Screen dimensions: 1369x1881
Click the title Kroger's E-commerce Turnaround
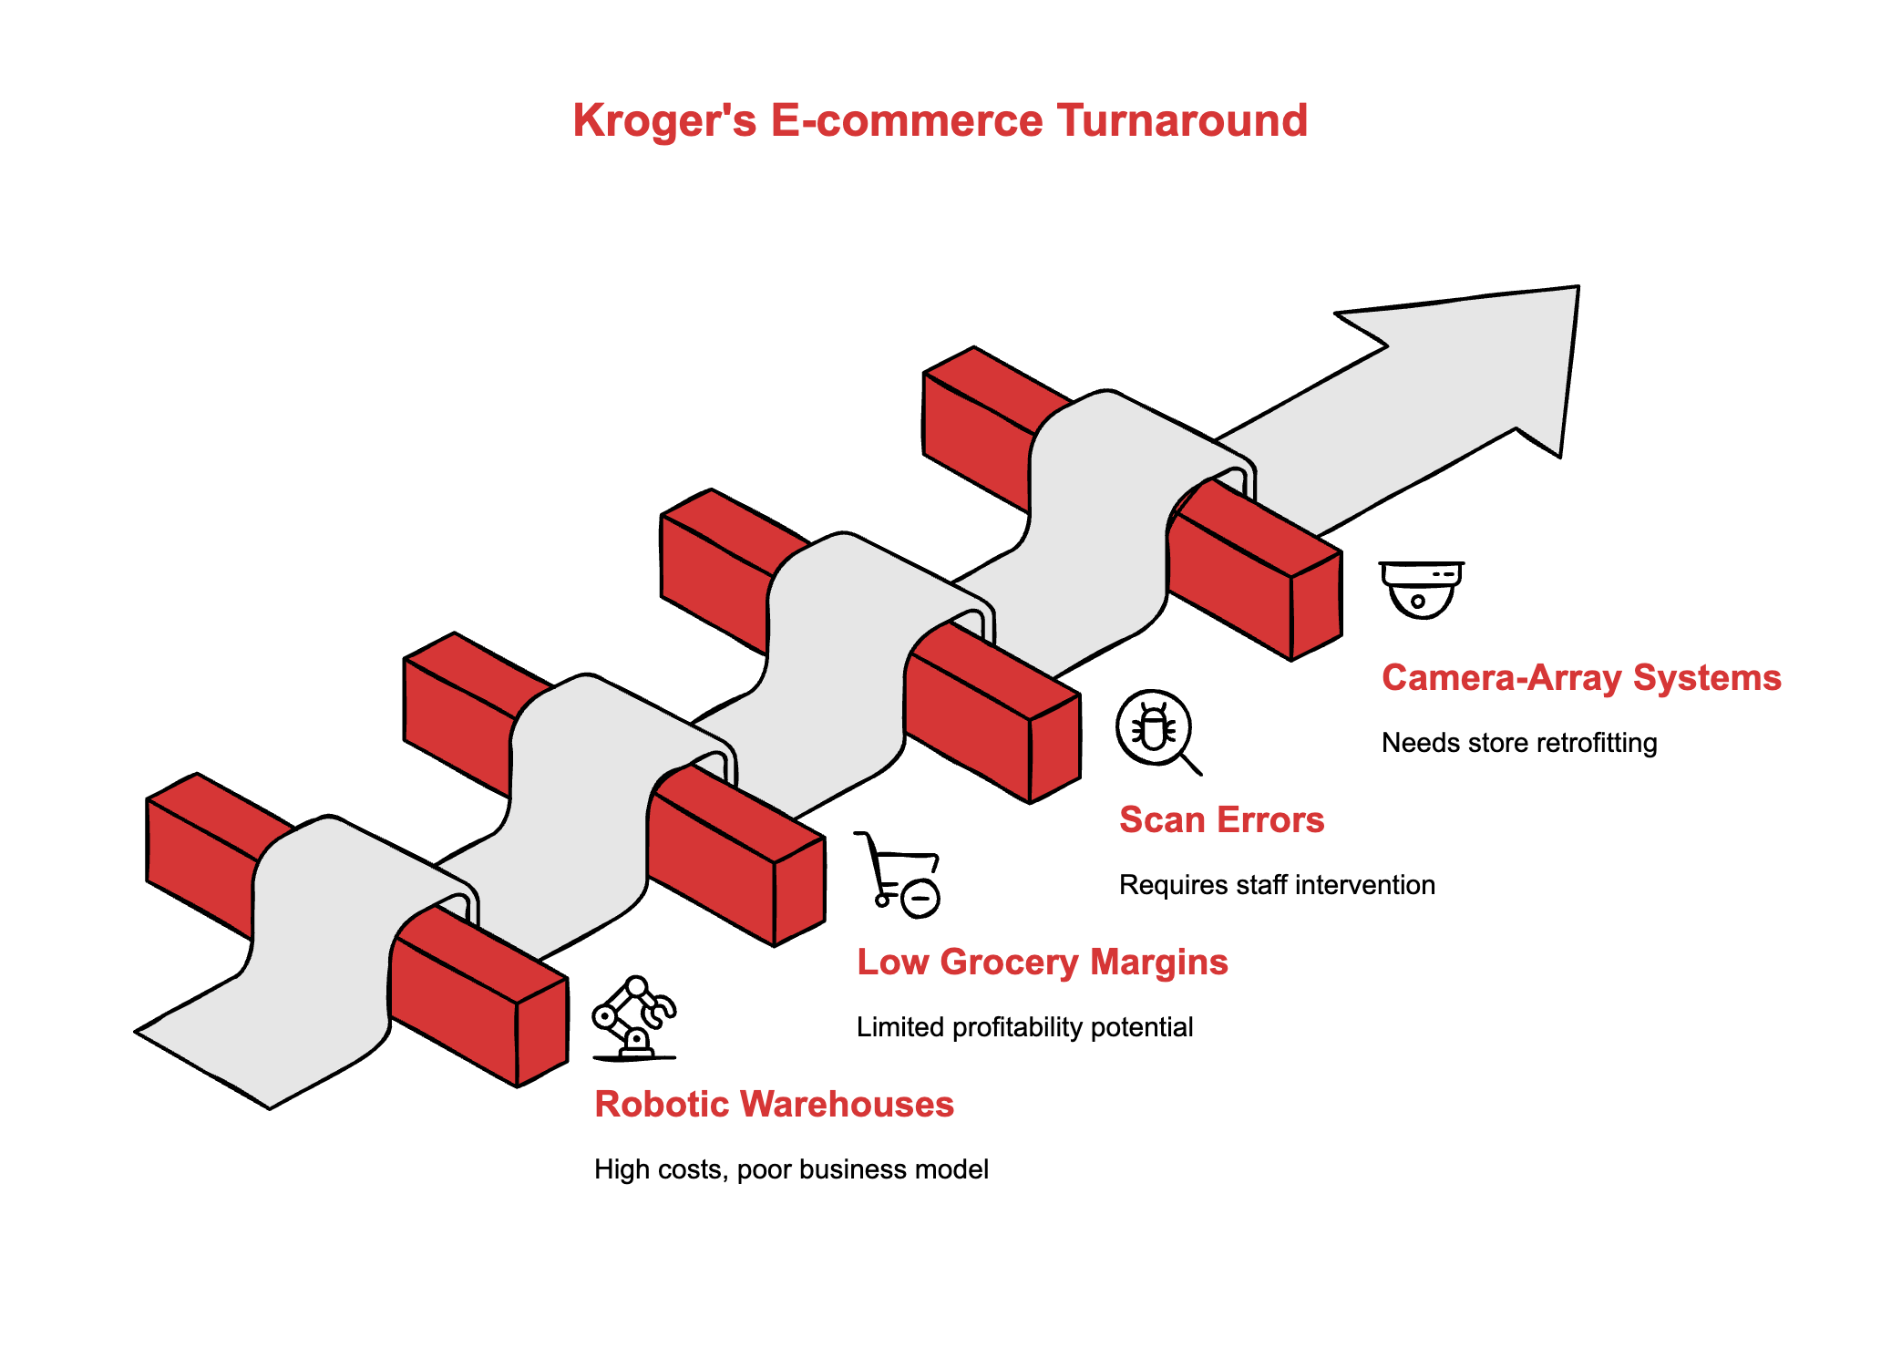click(x=940, y=121)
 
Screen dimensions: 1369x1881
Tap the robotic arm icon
click(x=633, y=1018)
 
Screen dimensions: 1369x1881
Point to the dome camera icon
click(x=1421, y=590)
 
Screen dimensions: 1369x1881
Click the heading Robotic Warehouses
click(x=774, y=1105)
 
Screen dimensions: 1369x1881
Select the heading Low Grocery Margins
click(x=1042, y=962)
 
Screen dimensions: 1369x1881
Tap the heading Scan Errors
click(x=1221, y=820)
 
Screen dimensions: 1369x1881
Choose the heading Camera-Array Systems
click(x=1580, y=678)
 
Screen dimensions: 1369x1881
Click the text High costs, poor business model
click(x=790, y=1169)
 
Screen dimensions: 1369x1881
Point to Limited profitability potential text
click(x=1024, y=1027)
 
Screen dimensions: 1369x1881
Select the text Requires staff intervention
click(x=1276, y=885)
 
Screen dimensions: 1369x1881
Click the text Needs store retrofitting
click(x=1518, y=743)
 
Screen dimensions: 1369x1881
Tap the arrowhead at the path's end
click(x=1495, y=365)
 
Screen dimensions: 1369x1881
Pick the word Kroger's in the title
click(x=664, y=121)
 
